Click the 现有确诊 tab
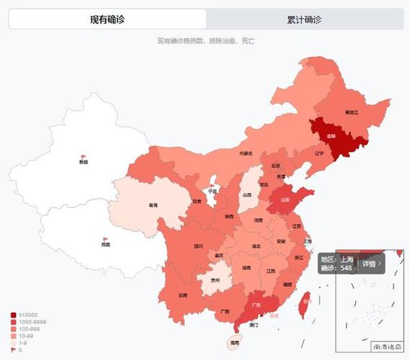107,19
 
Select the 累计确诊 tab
304,19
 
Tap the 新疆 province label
84,162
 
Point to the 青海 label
153,206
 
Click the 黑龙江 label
351,113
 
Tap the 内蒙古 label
246,153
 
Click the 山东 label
285,200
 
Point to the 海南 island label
235,344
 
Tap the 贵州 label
215,280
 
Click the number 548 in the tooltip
346,268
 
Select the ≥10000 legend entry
27,315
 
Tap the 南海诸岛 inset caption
387,347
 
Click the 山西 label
247,194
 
